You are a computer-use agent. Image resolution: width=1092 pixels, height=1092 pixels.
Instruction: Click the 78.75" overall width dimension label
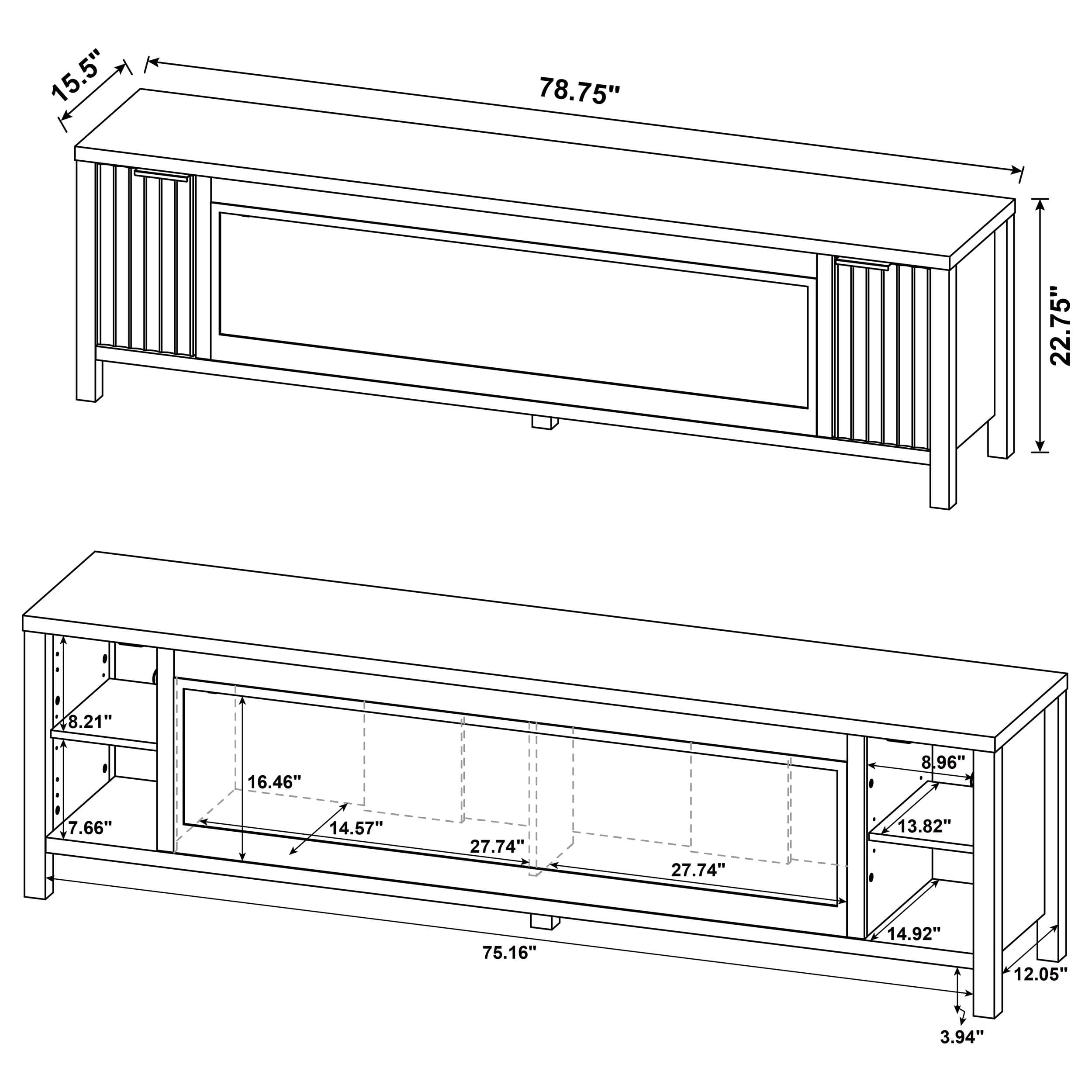[579, 91]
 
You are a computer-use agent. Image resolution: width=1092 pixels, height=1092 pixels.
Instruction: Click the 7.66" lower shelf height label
[90, 828]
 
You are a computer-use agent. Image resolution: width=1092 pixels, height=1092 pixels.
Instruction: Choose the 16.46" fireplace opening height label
[274, 782]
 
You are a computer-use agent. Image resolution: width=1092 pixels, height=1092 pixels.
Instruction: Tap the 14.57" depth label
[356, 829]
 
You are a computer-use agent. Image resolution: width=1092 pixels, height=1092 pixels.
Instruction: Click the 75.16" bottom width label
[509, 953]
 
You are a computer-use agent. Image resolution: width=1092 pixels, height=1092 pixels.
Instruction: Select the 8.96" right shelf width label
[943, 763]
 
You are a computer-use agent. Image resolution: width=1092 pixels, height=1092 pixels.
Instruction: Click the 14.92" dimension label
[913, 933]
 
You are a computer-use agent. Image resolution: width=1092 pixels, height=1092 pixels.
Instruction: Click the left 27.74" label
[497, 846]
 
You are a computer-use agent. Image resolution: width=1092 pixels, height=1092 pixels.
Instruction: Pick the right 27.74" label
[698, 870]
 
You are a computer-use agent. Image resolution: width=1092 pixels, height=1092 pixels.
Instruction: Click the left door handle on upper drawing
[161, 174]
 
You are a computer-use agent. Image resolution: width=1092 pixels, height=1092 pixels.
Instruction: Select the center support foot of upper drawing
[545, 423]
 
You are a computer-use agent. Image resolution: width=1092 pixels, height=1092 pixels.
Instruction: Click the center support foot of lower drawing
[544, 923]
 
